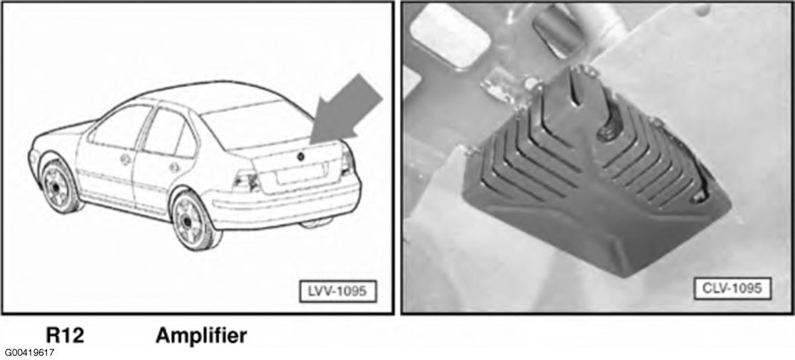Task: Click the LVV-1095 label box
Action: coord(337,291)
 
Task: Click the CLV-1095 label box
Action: coord(731,288)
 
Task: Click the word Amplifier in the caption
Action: coord(202,335)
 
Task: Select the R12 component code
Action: coord(65,335)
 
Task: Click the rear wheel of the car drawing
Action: coord(195,221)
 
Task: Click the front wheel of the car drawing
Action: coord(59,185)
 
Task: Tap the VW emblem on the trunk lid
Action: coord(301,156)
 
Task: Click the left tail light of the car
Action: coord(247,180)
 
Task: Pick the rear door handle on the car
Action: coord(174,167)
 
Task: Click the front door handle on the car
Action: coord(124,158)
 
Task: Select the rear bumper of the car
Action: coord(284,205)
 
